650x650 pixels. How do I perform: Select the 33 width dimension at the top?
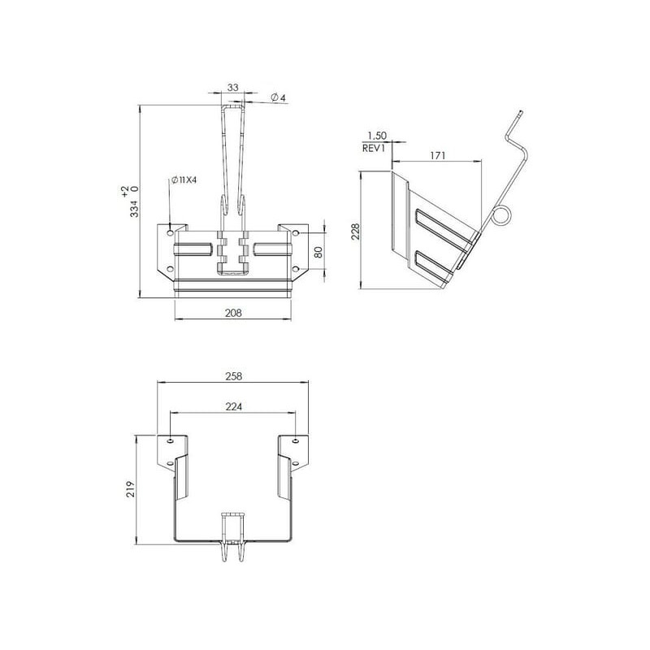pyautogui.click(x=233, y=88)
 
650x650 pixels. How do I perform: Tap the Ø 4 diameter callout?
pyautogui.click(x=278, y=97)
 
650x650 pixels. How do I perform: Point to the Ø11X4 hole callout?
pyautogui.click(x=184, y=180)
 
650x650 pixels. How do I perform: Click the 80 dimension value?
pyautogui.click(x=318, y=252)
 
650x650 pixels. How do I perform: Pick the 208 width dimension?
pyautogui.click(x=233, y=313)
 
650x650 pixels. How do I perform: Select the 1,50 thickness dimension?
pyautogui.click(x=377, y=136)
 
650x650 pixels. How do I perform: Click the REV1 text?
pyautogui.click(x=374, y=148)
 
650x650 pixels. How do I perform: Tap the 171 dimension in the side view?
pyautogui.click(x=437, y=155)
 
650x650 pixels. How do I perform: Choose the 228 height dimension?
pyautogui.click(x=356, y=232)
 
